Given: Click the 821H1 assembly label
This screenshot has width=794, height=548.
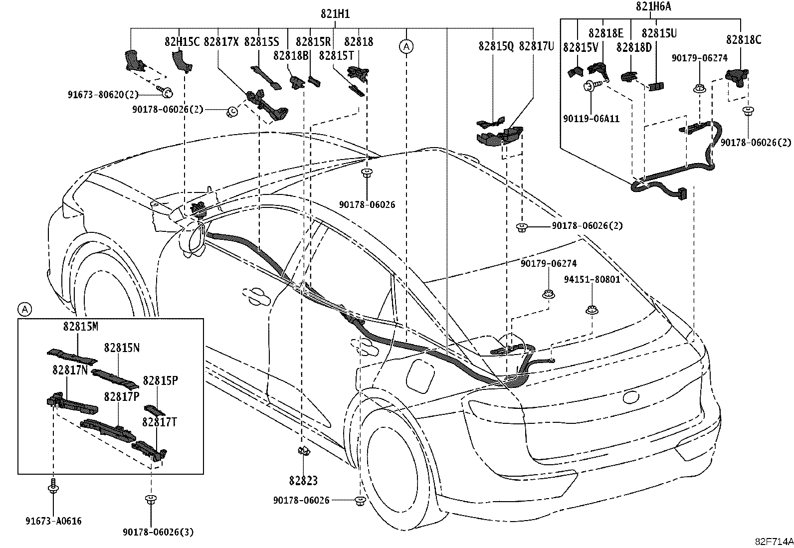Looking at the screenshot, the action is [x=335, y=14].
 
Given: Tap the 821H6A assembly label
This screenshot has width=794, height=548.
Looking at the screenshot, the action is [x=653, y=6].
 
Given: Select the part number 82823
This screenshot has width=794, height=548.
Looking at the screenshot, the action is [x=303, y=481].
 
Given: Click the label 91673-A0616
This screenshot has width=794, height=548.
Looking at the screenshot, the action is [x=53, y=521].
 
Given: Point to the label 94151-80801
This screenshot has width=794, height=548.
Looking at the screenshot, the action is [x=592, y=279].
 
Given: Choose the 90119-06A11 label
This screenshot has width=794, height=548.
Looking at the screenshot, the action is [x=591, y=118].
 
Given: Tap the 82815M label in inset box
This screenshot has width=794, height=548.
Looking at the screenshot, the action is [x=80, y=326].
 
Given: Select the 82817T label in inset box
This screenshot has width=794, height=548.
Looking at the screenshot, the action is [x=159, y=422].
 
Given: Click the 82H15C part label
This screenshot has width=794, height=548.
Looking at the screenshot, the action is [x=182, y=41].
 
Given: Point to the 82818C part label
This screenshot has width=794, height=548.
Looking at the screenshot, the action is [x=743, y=39].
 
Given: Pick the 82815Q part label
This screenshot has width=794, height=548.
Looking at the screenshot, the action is [x=496, y=46].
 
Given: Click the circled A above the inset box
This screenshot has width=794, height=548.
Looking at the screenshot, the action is [x=24, y=310].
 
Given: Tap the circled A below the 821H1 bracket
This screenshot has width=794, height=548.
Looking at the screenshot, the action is [x=406, y=46].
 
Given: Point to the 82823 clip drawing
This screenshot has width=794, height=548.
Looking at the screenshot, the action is [x=303, y=451].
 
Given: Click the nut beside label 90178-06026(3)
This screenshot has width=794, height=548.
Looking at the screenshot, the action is [x=151, y=500].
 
